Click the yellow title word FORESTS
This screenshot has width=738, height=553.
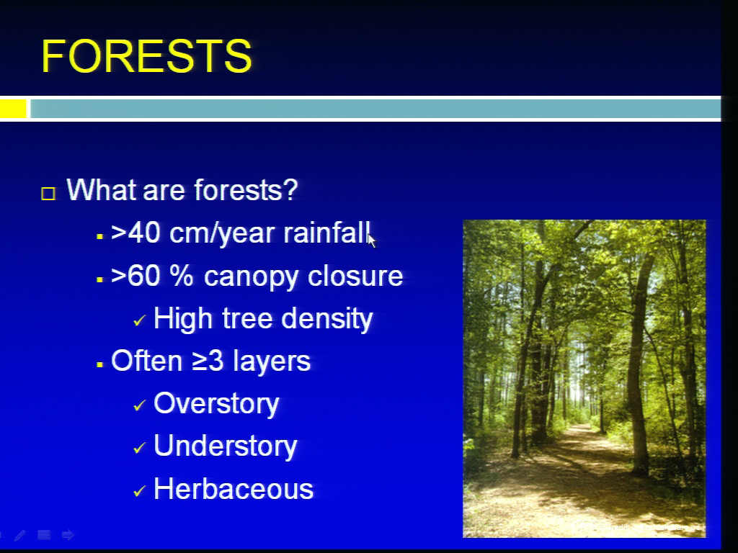click(x=146, y=56)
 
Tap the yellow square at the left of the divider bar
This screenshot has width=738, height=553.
click(x=13, y=109)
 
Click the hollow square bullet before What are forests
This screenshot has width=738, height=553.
click(x=48, y=194)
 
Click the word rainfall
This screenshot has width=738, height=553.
click(x=326, y=233)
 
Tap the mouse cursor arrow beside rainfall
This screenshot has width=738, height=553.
click(x=372, y=240)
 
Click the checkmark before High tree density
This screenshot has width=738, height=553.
click(x=139, y=320)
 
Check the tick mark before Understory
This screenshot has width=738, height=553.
click(x=139, y=448)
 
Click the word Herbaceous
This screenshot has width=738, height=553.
click(x=234, y=489)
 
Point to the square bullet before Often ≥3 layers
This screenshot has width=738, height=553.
click(x=99, y=364)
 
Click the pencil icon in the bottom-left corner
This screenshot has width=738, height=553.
click(x=20, y=535)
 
